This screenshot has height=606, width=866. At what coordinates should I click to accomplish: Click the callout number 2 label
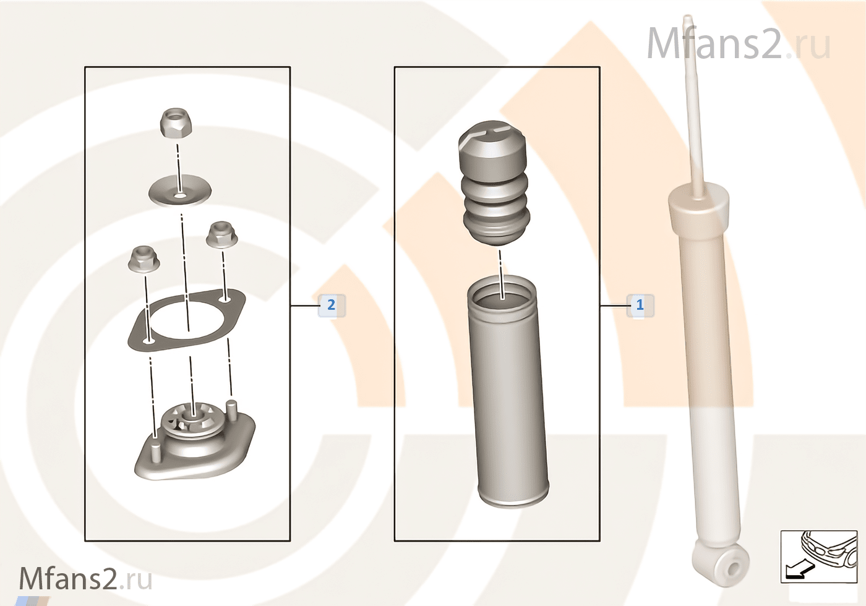[x=332, y=305]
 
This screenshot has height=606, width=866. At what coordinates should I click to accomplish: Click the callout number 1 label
[x=640, y=305]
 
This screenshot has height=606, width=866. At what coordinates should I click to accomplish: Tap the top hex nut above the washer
[x=177, y=122]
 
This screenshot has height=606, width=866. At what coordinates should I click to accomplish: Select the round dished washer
[x=180, y=191]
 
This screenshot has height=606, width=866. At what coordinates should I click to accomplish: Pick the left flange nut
[x=144, y=258]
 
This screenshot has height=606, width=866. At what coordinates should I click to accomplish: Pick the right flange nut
[x=221, y=234]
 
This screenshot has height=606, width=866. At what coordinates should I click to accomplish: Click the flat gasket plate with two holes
[x=186, y=321]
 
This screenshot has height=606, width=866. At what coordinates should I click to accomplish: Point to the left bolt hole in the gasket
[x=148, y=341]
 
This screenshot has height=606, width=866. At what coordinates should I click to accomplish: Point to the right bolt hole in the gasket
[x=225, y=299]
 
